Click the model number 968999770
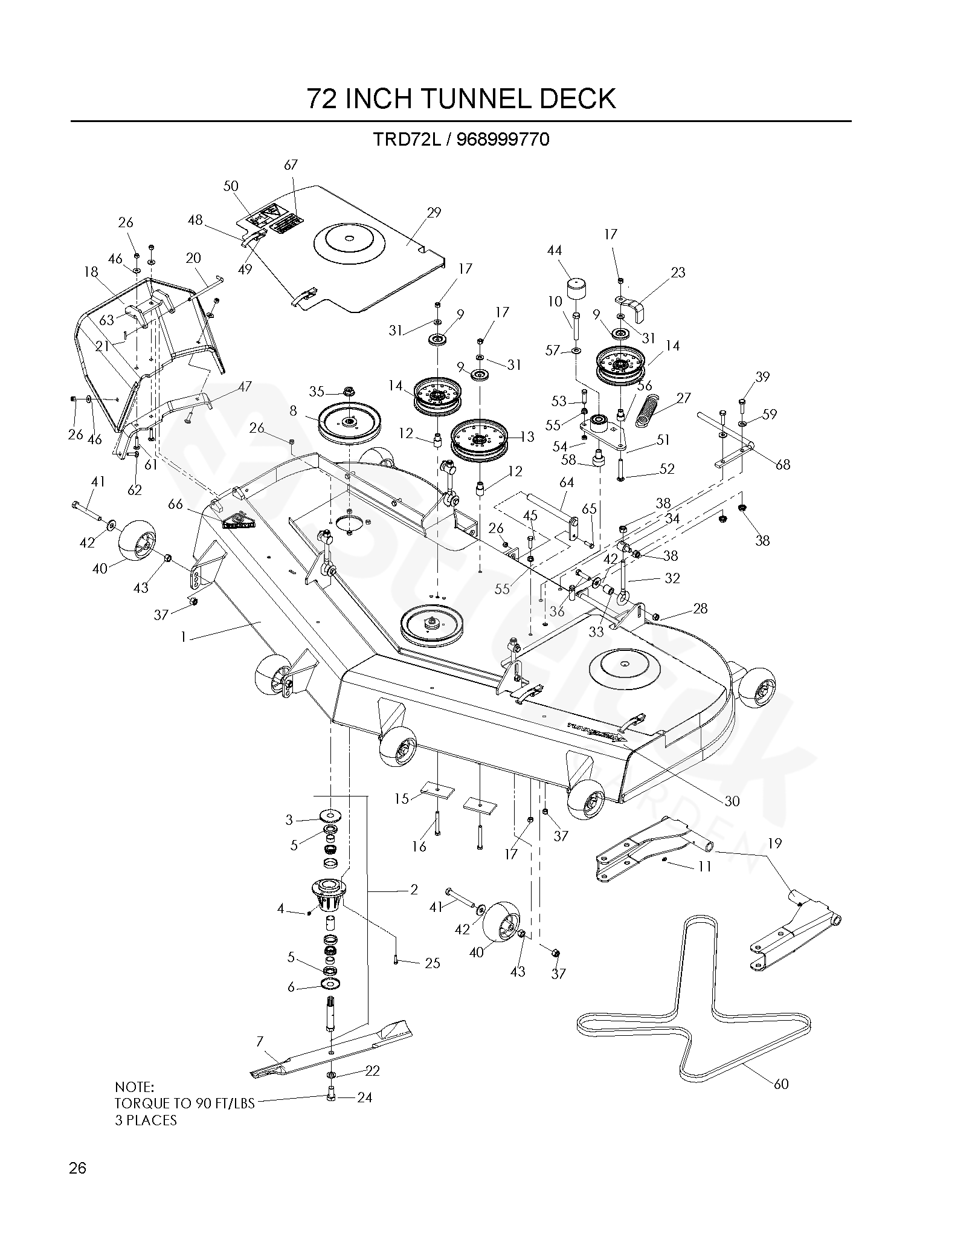click(x=503, y=140)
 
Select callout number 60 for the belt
click(x=781, y=1084)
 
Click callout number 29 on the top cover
click(x=434, y=213)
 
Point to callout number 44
click(x=554, y=250)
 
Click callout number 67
click(x=291, y=165)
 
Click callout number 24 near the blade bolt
click(x=365, y=1097)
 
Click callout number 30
click(x=732, y=801)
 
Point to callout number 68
click(x=783, y=465)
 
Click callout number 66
click(x=175, y=504)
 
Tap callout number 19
click(x=774, y=843)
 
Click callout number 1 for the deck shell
click(x=184, y=636)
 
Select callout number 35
click(x=317, y=392)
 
